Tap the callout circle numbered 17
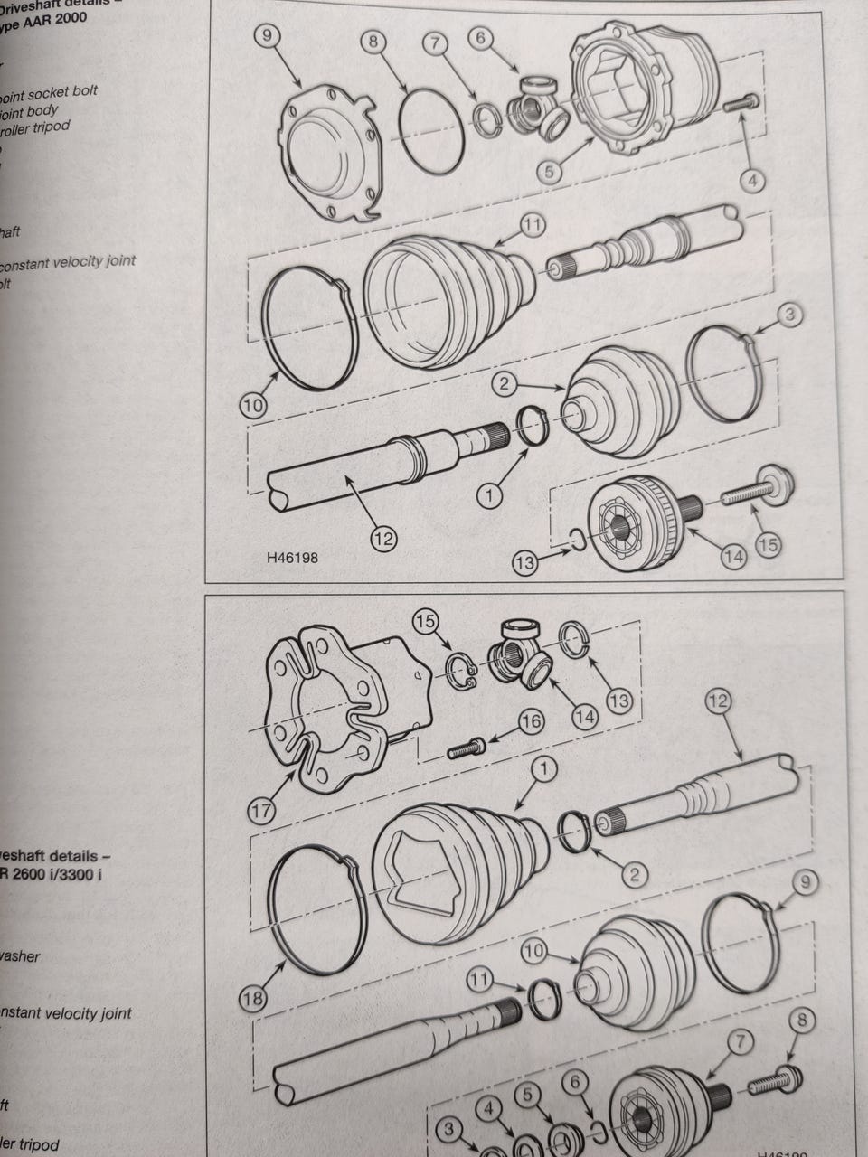pyautogui.click(x=262, y=811)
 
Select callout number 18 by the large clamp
pyautogui.click(x=253, y=998)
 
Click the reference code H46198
pyautogui.click(x=292, y=558)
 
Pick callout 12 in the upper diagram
pyautogui.click(x=383, y=540)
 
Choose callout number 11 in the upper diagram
pyautogui.click(x=533, y=224)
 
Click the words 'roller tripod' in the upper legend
pyautogui.click(x=36, y=127)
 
